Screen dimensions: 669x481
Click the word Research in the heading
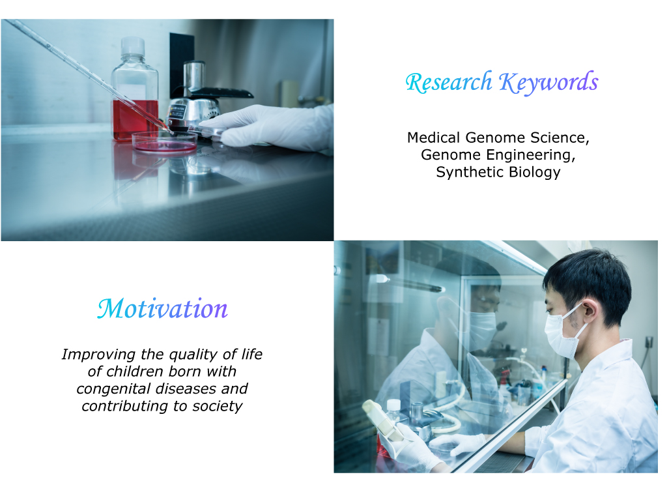[x=449, y=82]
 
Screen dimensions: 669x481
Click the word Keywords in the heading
[x=548, y=83]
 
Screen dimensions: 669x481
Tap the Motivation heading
[x=163, y=308]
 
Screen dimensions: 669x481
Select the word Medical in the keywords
[x=433, y=138]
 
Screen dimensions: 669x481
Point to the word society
[x=218, y=406]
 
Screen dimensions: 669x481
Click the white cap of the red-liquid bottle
[x=133, y=46]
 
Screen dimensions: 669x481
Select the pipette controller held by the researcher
[x=383, y=420]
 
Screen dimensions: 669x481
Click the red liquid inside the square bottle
[x=135, y=120]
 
